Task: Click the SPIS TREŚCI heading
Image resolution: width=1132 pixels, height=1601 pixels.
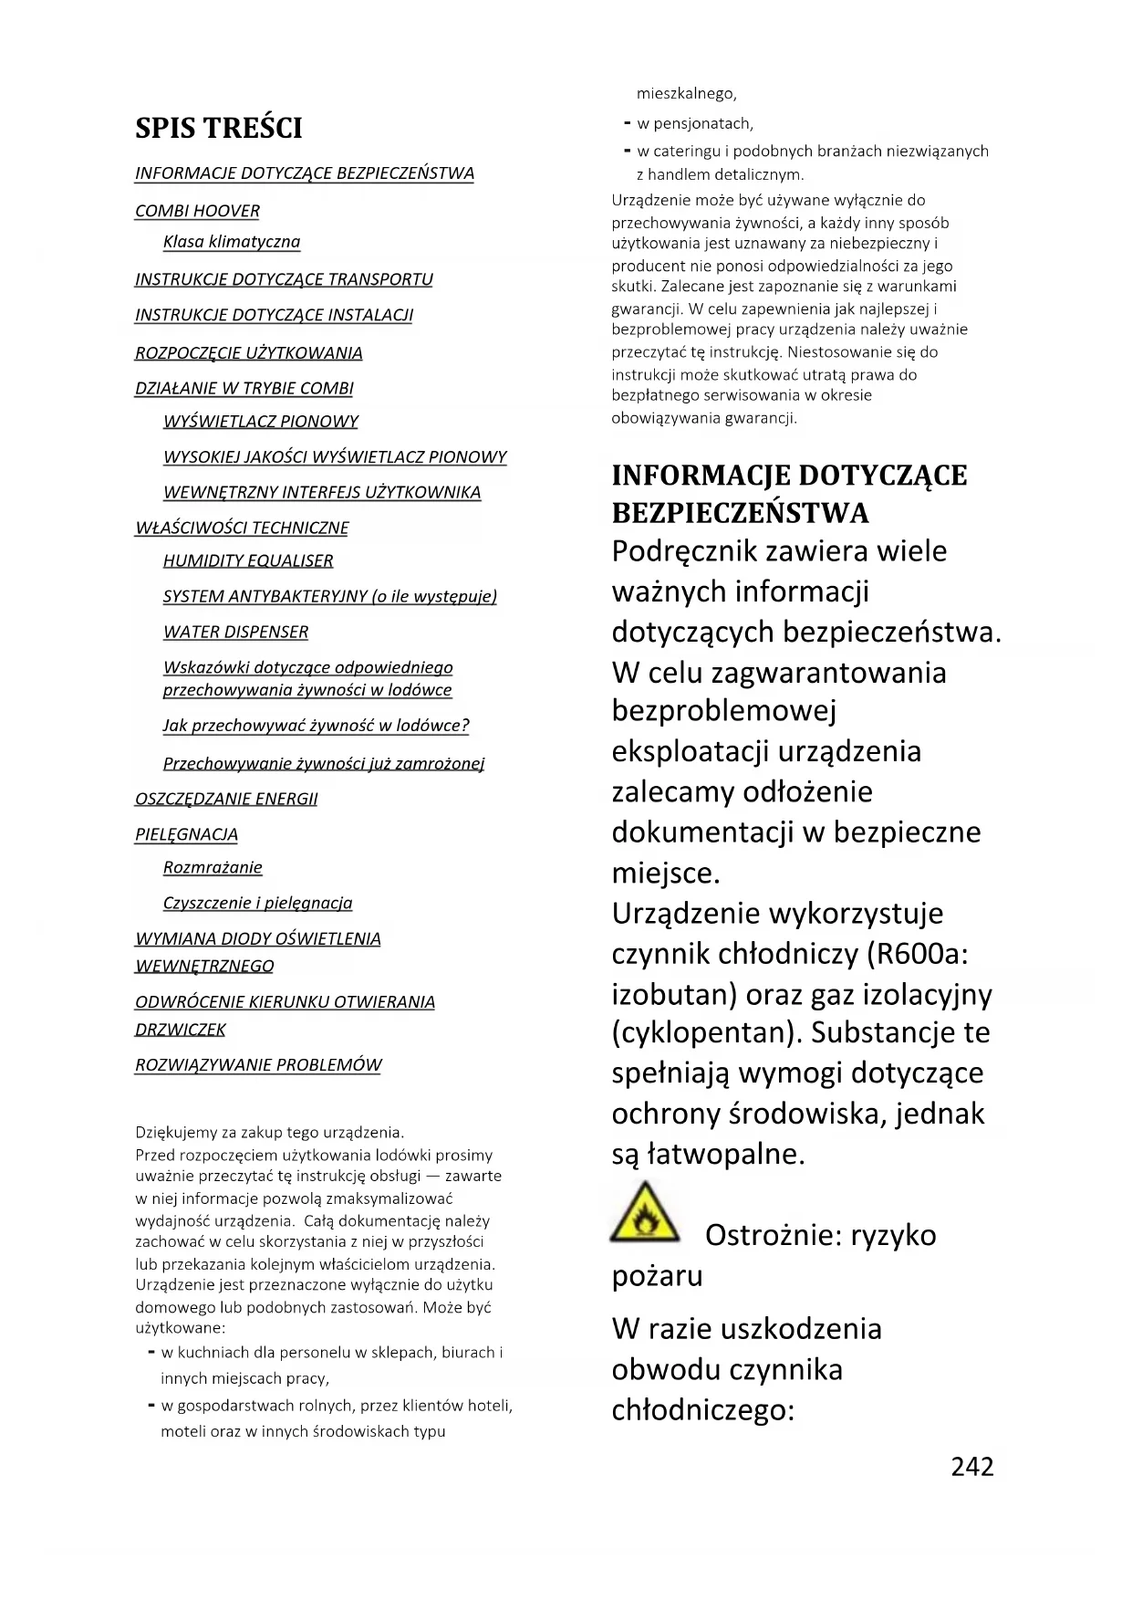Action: tap(219, 128)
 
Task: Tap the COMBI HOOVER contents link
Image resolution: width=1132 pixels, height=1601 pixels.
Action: tap(197, 211)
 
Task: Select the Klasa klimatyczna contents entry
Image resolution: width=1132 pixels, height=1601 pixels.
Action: tap(232, 242)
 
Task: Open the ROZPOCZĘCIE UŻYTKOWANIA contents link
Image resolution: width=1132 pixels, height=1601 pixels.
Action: tap(249, 353)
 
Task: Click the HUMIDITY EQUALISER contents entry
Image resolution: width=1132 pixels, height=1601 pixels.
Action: tap(248, 560)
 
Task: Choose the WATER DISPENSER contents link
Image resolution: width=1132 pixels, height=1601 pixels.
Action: tap(235, 632)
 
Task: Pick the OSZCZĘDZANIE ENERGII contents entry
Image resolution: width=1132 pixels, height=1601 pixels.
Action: tap(226, 799)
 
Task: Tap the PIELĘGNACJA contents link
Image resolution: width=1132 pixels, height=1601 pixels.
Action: tap(186, 834)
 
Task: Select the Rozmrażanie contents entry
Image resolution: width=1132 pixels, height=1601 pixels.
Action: tap(213, 867)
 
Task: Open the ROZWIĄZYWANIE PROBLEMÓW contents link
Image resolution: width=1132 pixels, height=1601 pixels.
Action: tap(258, 1064)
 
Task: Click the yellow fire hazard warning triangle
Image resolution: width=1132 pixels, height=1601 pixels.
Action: tap(645, 1213)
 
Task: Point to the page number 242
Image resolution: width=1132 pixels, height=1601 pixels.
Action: tap(972, 1466)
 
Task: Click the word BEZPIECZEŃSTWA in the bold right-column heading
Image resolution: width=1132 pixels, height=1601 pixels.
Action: tap(741, 513)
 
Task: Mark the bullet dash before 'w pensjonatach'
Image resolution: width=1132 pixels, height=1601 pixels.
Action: tap(627, 123)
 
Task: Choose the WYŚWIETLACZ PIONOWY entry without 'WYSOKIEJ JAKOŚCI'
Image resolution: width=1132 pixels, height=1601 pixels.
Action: tap(261, 421)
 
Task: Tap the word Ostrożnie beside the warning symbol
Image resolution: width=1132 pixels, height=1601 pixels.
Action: tap(773, 1235)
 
